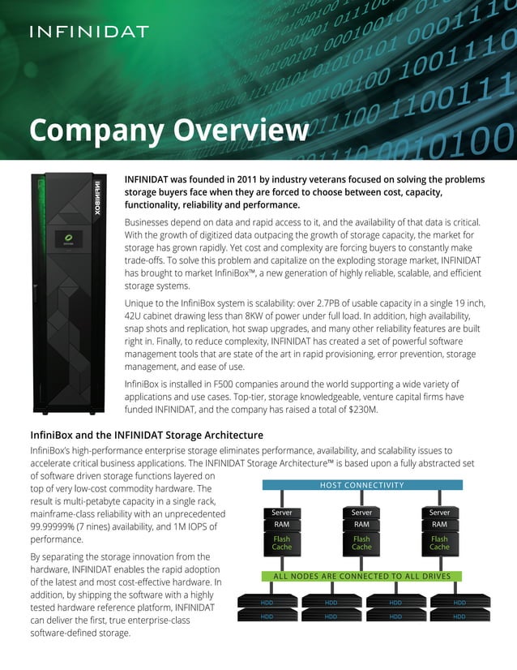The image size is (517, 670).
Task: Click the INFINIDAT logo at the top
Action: point(89,32)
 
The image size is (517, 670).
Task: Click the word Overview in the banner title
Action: point(246,130)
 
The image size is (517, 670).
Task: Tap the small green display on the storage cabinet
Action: point(62,239)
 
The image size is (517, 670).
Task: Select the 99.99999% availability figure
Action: point(58,526)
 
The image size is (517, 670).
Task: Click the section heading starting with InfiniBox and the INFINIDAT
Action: point(146,436)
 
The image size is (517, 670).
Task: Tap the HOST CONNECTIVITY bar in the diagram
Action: point(361,485)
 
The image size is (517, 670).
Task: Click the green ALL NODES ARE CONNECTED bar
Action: point(361,576)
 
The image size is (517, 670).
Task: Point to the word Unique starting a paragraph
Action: point(142,302)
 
